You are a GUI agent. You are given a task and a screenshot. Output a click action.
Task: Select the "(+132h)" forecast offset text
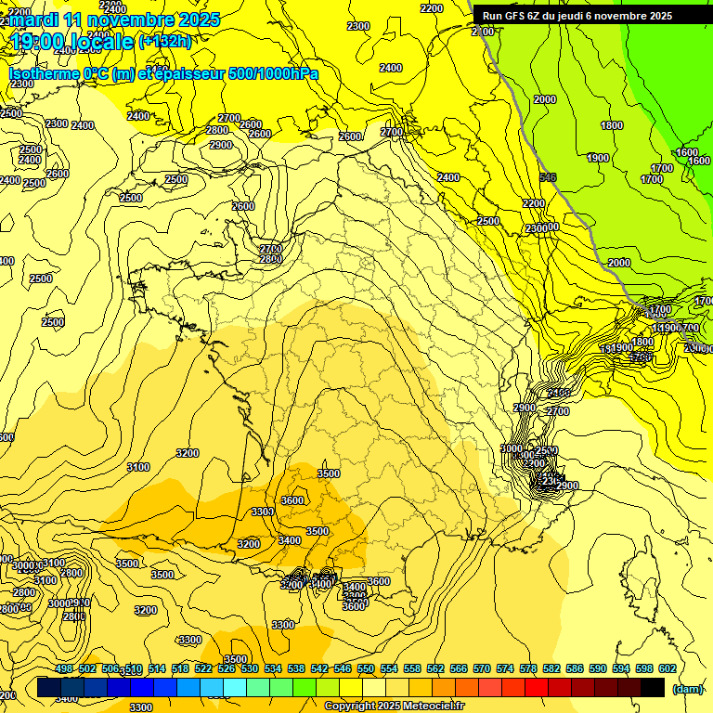click(x=164, y=41)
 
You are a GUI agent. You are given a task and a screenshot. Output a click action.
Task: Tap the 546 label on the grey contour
click(x=548, y=177)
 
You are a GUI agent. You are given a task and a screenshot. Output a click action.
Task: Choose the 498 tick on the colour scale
click(x=64, y=668)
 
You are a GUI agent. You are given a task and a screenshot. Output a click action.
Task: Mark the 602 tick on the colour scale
click(x=667, y=668)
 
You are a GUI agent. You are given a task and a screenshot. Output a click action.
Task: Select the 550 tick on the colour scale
click(x=366, y=668)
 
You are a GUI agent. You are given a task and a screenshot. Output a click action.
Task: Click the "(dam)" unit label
click(x=688, y=688)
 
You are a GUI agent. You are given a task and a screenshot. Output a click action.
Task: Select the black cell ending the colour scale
click(x=653, y=688)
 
